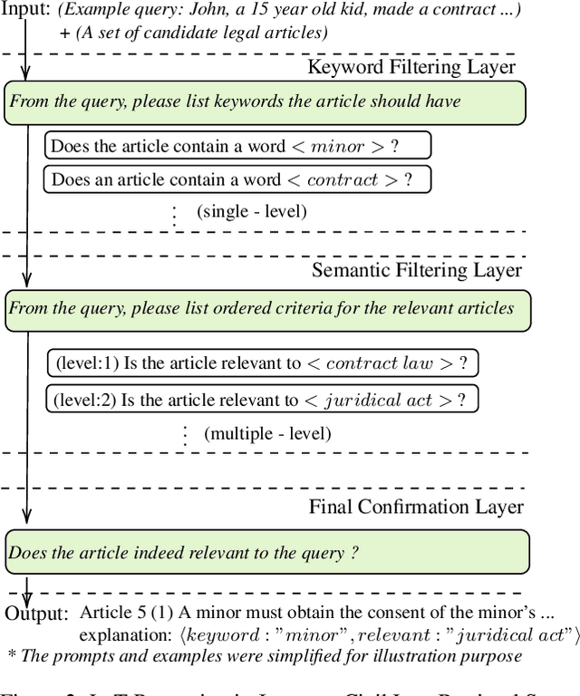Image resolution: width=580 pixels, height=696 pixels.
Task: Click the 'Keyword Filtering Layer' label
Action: click(411, 67)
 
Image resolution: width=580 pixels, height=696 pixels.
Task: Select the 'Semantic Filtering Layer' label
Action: click(416, 270)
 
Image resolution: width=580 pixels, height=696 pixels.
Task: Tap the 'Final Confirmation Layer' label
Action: click(416, 507)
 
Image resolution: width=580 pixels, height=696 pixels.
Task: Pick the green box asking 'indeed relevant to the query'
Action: click(266, 552)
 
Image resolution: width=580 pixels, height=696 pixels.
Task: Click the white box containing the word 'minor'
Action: click(237, 146)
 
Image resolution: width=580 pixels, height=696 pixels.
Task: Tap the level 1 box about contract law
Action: click(262, 364)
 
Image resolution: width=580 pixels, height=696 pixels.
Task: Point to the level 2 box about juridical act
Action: click(262, 399)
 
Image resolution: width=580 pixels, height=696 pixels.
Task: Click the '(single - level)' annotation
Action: click(251, 212)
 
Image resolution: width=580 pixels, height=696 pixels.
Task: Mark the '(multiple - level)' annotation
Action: click(267, 433)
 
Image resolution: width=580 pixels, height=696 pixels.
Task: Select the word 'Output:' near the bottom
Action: click(36, 614)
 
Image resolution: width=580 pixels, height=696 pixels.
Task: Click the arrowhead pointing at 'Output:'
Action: click(27, 594)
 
